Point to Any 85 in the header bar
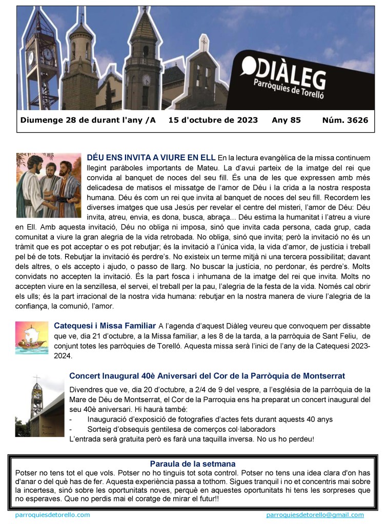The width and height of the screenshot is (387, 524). [x=286, y=120]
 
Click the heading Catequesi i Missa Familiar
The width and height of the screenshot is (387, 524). [x=105, y=325]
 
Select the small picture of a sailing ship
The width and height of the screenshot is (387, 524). [x=32, y=338]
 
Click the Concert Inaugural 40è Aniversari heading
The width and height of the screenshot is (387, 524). [x=207, y=376]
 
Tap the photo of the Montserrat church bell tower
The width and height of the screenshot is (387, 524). [x=39, y=405]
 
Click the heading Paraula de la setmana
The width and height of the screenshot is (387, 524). [x=193, y=464]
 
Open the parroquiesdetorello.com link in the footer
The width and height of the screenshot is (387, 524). [x=53, y=515]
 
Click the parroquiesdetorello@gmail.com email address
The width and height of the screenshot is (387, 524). [x=315, y=515]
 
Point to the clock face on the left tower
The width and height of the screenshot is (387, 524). [x=48, y=54]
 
